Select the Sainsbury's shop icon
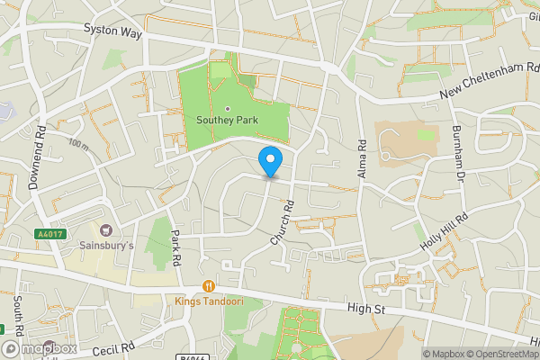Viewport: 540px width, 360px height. point(106,231)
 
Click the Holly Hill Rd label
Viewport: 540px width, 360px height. point(444,231)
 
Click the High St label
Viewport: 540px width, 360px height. point(367,310)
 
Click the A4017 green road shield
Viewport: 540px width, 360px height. point(50,234)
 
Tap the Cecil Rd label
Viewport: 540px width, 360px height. point(112,346)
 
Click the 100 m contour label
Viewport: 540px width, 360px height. point(78,144)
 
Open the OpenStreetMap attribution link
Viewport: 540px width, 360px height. point(498,354)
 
